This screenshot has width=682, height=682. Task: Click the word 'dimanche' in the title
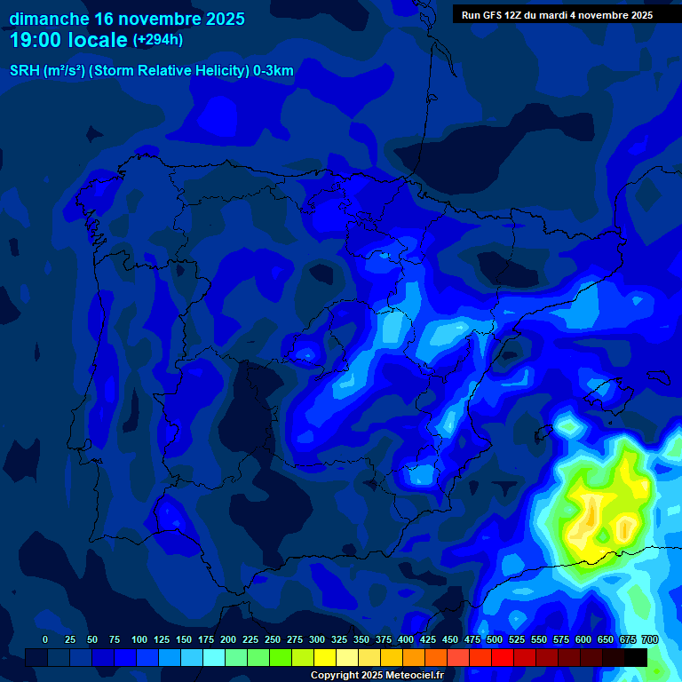pos(49,19)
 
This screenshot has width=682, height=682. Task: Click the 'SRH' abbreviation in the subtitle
pos(24,71)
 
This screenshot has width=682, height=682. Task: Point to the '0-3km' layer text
pos(274,71)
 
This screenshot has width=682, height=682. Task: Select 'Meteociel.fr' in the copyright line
pos(412,675)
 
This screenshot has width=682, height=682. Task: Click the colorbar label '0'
pos(45,639)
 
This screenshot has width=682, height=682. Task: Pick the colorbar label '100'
pos(139,639)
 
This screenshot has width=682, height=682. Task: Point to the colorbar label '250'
pos(273,639)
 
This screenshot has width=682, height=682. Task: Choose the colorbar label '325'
pos(339,639)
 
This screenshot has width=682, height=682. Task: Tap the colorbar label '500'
pos(495,639)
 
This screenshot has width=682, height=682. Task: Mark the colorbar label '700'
pos(650,639)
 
